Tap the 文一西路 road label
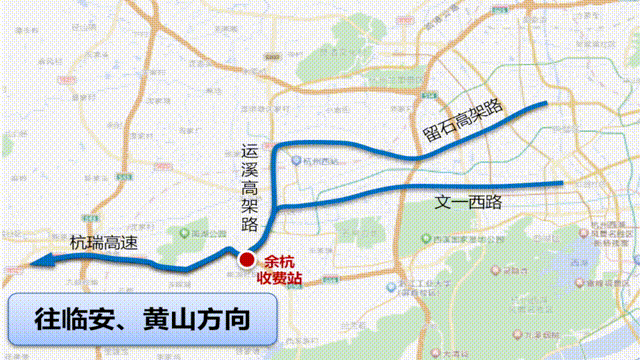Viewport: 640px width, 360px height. coord(468,201)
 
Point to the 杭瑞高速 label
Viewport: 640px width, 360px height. coord(103,242)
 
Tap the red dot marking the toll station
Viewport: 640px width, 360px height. coord(245,261)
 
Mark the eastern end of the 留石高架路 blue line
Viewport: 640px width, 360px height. coord(546,103)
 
